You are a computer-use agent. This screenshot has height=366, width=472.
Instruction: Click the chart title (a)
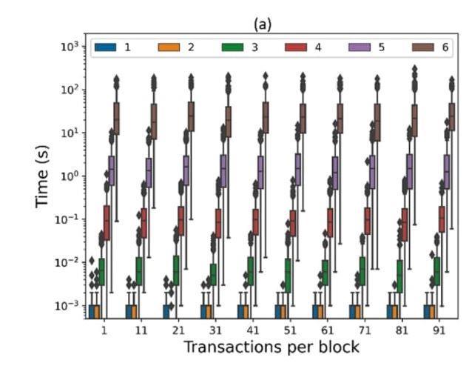[263, 24]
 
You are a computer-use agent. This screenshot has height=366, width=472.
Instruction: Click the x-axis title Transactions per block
[272, 347]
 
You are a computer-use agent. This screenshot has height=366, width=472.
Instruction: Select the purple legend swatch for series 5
[360, 47]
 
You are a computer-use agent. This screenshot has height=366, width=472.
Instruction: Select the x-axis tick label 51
[289, 327]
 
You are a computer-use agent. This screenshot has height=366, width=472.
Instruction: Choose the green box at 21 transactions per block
[176, 270]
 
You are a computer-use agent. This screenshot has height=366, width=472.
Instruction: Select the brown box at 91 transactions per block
[452, 116]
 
